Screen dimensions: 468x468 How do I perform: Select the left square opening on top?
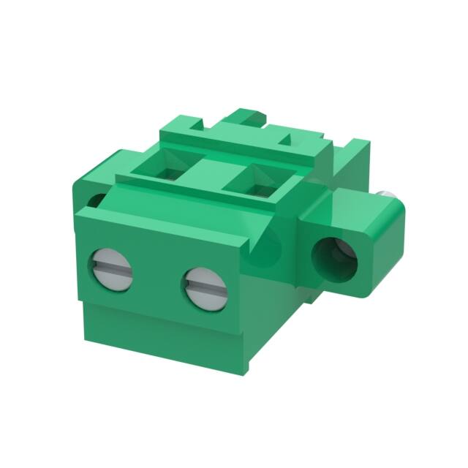tap(166, 169)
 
